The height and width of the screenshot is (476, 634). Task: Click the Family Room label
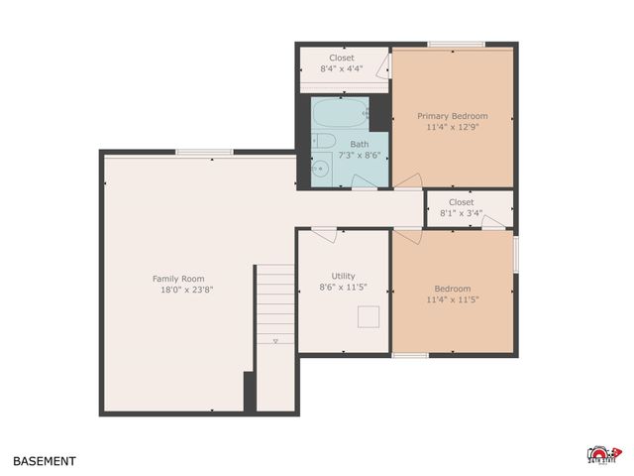[x=178, y=279]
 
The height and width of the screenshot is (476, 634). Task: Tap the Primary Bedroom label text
[x=452, y=116]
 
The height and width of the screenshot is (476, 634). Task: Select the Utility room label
[x=343, y=276]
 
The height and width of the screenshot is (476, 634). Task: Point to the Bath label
[x=345, y=144]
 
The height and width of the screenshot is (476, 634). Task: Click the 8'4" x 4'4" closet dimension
[x=341, y=69]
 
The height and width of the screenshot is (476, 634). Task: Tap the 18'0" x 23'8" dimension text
[x=187, y=290]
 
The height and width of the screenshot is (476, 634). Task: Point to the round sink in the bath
[x=319, y=170]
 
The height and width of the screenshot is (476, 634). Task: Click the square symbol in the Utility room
[x=369, y=317]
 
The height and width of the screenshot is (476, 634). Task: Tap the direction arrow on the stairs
[x=275, y=340]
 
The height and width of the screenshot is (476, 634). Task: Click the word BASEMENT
[x=44, y=461]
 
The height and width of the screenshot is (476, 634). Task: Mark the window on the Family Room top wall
[x=204, y=152]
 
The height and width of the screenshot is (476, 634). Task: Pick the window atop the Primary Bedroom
[x=457, y=45]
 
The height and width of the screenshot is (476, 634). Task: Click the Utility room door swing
[x=323, y=234]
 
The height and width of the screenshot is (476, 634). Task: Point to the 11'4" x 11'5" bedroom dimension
[x=453, y=298]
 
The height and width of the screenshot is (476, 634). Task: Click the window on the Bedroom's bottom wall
[x=409, y=355]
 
